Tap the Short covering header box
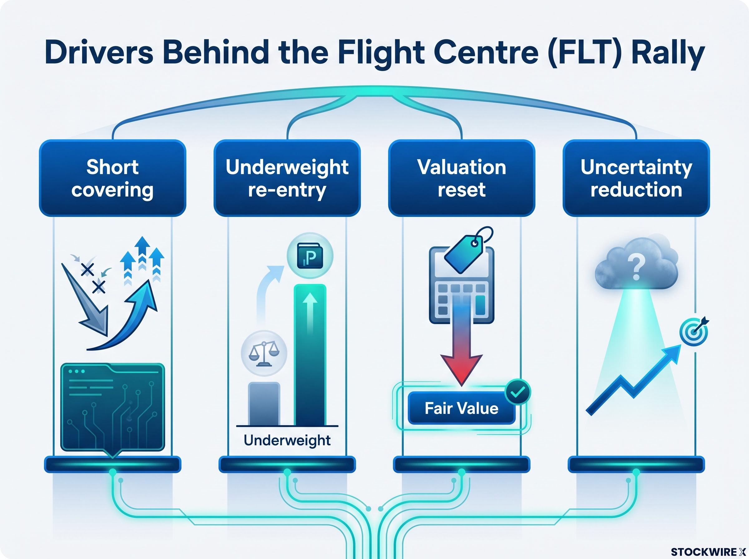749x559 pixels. [x=113, y=178]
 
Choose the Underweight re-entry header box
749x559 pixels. [x=287, y=178]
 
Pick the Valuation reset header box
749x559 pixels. [x=462, y=178]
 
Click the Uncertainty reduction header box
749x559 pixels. [x=636, y=178]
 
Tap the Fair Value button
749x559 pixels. [x=462, y=408]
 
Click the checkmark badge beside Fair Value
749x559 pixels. [x=517, y=392]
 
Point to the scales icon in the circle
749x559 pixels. [x=264, y=353]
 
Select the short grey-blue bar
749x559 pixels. [x=264, y=404]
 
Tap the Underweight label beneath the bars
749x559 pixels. [x=287, y=440]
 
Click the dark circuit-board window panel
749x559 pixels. [x=113, y=408]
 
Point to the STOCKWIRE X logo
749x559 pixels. [x=708, y=552]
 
